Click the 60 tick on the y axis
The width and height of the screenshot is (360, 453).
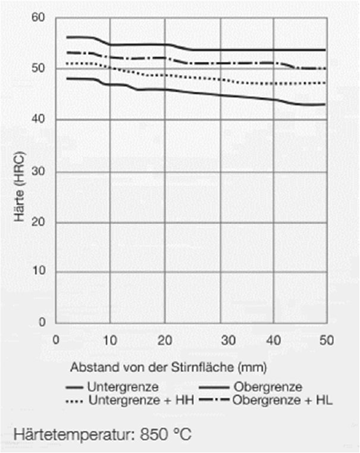(x=39, y=18)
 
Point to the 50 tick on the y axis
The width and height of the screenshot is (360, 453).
(x=39, y=69)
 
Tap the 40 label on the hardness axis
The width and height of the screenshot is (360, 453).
(x=39, y=120)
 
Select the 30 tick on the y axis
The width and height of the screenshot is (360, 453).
(x=39, y=171)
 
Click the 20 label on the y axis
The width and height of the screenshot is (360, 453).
(x=39, y=222)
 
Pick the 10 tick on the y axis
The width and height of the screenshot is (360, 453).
(x=39, y=272)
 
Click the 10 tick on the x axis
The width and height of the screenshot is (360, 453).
(x=110, y=340)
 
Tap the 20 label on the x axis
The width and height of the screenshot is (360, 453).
(x=165, y=340)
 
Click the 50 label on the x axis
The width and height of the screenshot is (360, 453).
(x=327, y=340)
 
